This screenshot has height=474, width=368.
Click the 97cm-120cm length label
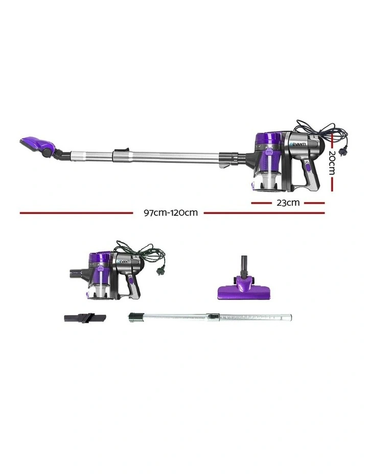coord(170,213)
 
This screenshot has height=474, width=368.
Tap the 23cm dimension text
coord(288,202)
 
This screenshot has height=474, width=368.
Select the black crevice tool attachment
coord(84,317)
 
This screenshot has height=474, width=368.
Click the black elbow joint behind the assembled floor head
coord(62,153)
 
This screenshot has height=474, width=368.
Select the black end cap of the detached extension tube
coord(133,317)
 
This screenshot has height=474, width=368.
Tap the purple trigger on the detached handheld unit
coord(132,280)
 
